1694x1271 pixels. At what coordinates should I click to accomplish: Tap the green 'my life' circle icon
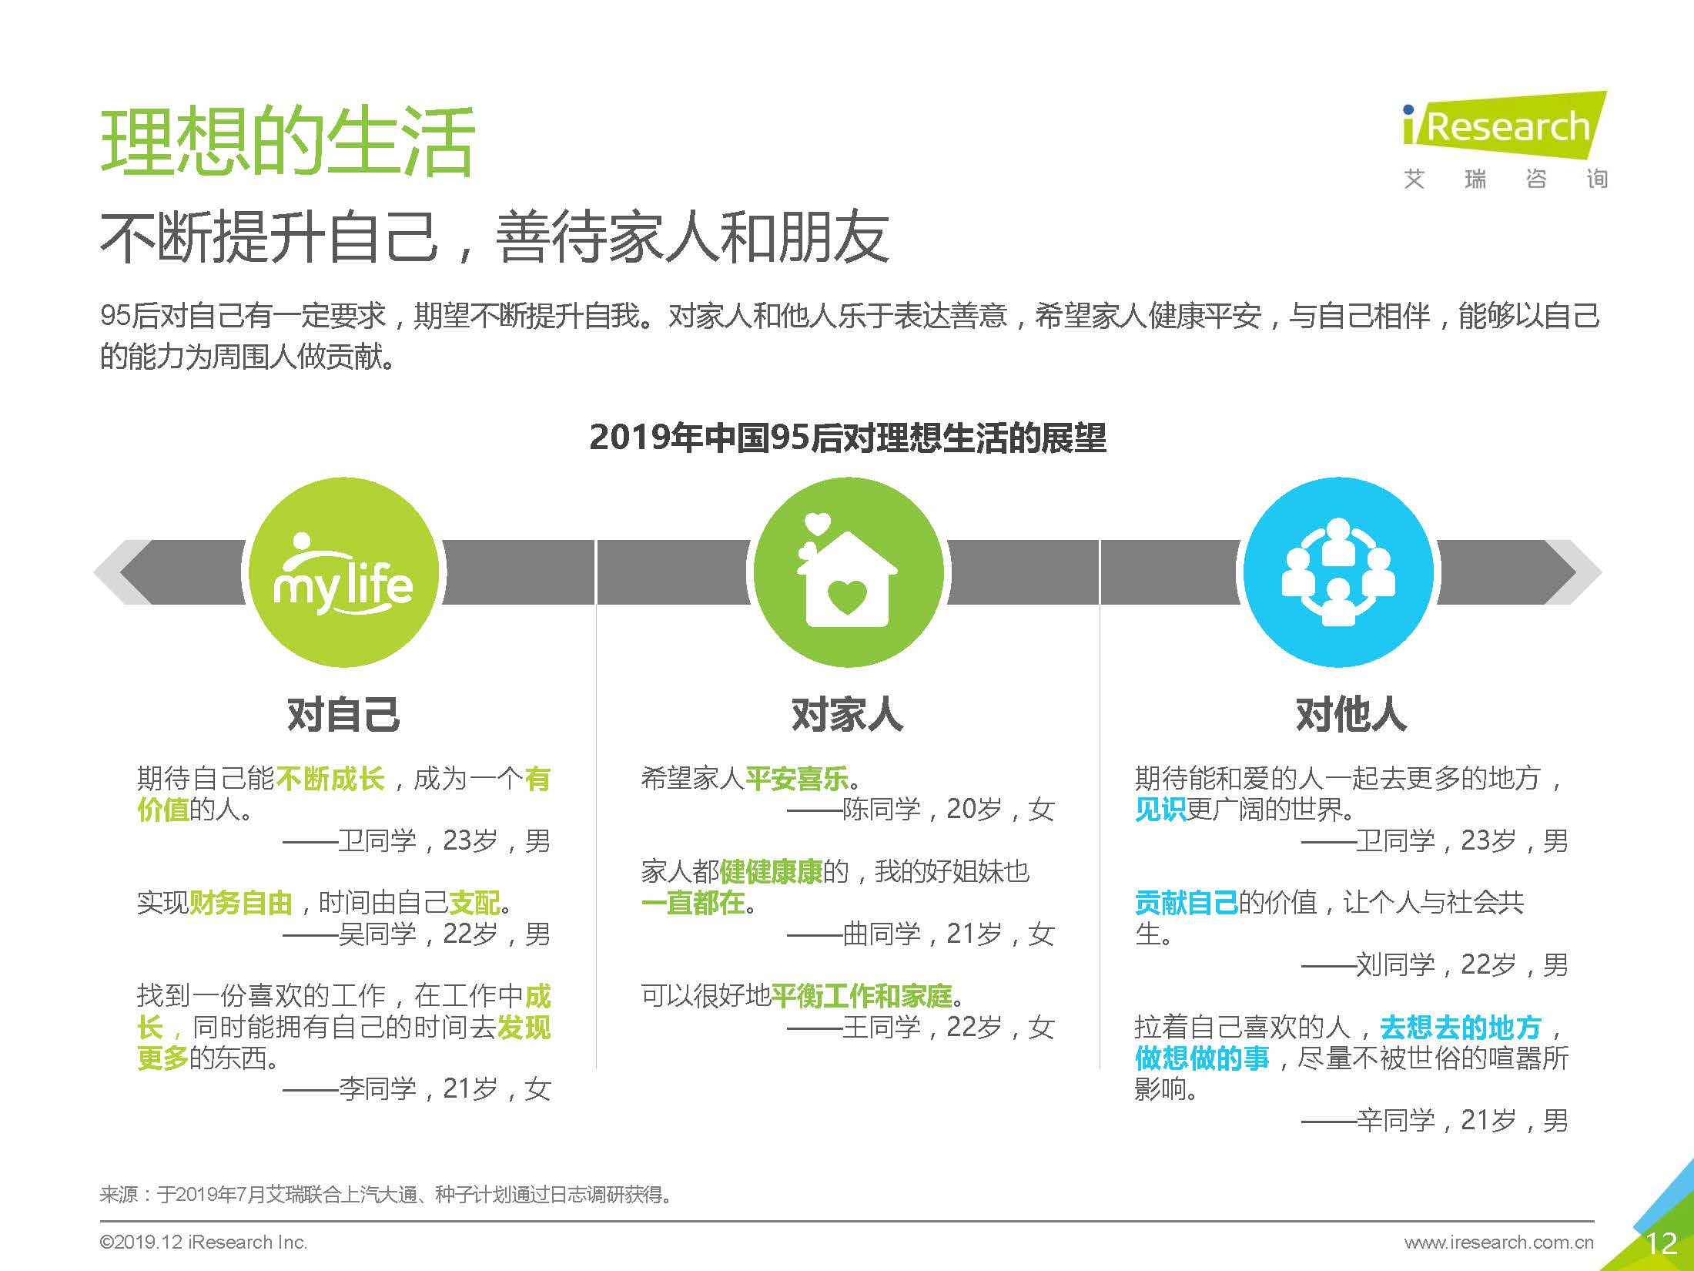[x=343, y=572]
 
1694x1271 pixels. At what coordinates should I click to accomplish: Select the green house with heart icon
[x=847, y=572]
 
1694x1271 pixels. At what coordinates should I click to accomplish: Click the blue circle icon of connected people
[x=1338, y=572]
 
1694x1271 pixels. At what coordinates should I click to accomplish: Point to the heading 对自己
[x=343, y=714]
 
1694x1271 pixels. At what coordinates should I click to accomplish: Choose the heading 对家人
[x=847, y=714]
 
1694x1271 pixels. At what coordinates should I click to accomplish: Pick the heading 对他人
[x=1351, y=714]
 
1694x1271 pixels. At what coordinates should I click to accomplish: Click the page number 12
[x=1661, y=1242]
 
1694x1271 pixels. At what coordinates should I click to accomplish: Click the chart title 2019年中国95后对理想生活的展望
[x=847, y=438]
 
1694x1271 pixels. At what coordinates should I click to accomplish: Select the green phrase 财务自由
[x=241, y=902]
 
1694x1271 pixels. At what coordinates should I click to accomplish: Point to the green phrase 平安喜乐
[x=797, y=779]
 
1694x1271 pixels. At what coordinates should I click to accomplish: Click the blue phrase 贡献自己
[x=1186, y=902]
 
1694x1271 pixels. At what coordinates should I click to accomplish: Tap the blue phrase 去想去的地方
[x=1460, y=1027]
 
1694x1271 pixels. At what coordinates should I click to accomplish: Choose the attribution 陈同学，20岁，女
[x=947, y=809]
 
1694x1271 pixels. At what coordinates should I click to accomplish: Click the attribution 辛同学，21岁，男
[x=1461, y=1120]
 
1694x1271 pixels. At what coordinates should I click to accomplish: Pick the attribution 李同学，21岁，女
[x=444, y=1088]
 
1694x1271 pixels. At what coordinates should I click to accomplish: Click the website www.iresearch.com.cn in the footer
[x=1498, y=1242]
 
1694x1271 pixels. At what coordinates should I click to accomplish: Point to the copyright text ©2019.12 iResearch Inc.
[x=203, y=1242]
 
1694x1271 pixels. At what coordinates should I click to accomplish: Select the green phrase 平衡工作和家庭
[x=862, y=996]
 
